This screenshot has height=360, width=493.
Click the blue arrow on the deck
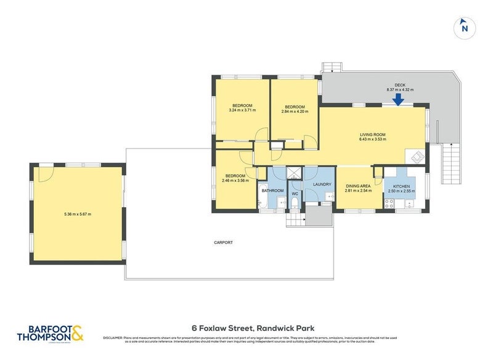(x=399, y=99)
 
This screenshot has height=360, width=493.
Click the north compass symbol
(x=465, y=27)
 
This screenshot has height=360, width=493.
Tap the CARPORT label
(x=223, y=243)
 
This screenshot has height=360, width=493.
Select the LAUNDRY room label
(x=322, y=184)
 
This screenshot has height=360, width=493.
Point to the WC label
(x=295, y=194)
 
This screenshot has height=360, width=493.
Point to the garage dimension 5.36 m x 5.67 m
(x=78, y=215)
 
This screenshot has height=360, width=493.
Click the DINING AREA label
(x=357, y=186)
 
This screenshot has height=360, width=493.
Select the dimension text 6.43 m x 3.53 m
(x=372, y=139)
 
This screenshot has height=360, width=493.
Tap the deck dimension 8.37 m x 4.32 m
(x=400, y=90)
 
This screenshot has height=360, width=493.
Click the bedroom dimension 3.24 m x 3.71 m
(x=242, y=110)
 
